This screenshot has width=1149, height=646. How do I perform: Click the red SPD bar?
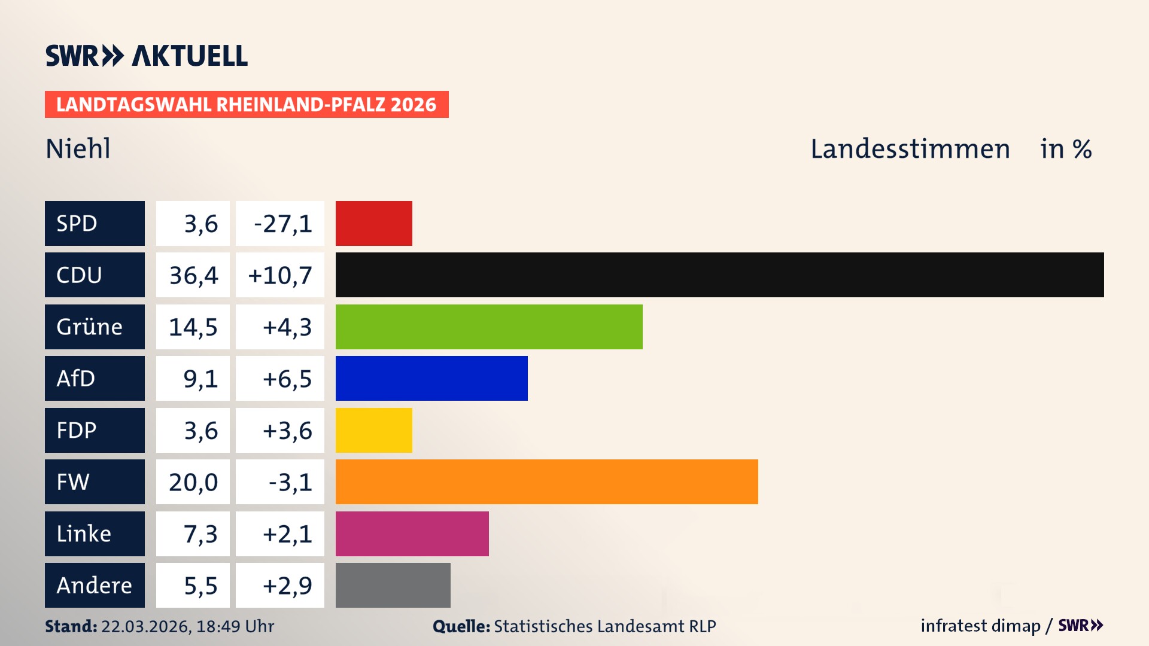click(373, 223)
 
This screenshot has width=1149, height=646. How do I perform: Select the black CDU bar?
click(719, 275)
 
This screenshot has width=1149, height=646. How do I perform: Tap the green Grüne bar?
click(488, 327)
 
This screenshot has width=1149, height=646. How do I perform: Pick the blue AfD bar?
click(431, 378)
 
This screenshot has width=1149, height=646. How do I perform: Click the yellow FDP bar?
click(373, 430)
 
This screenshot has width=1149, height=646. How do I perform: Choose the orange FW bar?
click(546, 482)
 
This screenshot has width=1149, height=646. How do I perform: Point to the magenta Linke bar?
click(412, 534)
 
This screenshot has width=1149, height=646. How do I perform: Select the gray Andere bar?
click(393, 585)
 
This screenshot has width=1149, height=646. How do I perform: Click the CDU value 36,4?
click(193, 275)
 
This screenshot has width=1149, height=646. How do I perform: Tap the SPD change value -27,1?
click(282, 224)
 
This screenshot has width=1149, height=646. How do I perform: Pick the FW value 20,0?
click(193, 482)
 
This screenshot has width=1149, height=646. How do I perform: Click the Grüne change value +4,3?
click(287, 327)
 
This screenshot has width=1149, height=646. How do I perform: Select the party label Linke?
click(84, 534)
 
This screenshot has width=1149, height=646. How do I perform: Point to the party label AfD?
click(76, 378)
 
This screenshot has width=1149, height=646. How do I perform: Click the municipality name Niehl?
click(78, 148)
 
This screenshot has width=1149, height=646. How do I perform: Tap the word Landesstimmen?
click(910, 149)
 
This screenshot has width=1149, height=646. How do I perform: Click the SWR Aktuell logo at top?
click(147, 56)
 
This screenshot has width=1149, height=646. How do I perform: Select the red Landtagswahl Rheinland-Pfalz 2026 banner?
click(247, 104)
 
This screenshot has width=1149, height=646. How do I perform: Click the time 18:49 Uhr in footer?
click(235, 626)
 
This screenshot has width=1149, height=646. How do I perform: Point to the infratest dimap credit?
click(980, 626)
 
